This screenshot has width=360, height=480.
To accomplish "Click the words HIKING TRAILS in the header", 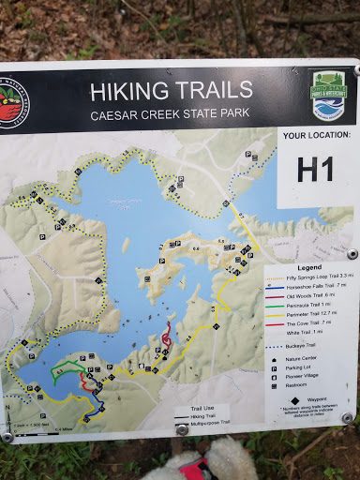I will click(171, 91).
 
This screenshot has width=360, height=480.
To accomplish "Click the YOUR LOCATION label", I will click(315, 135).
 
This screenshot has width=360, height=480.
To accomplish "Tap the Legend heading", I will click(308, 266).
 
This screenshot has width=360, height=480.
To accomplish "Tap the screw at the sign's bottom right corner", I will click(347, 418).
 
